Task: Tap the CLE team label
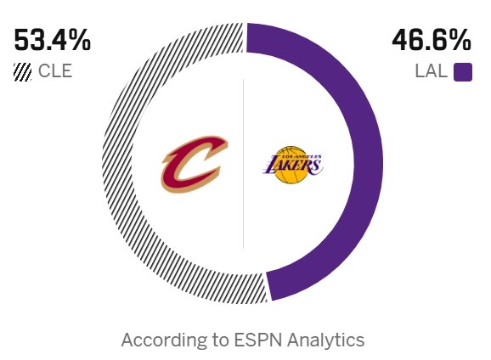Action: click(x=55, y=71)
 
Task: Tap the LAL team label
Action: click(x=431, y=71)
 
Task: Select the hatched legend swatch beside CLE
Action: click(x=23, y=72)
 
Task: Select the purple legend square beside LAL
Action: click(x=463, y=72)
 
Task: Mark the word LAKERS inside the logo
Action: click(x=292, y=166)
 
